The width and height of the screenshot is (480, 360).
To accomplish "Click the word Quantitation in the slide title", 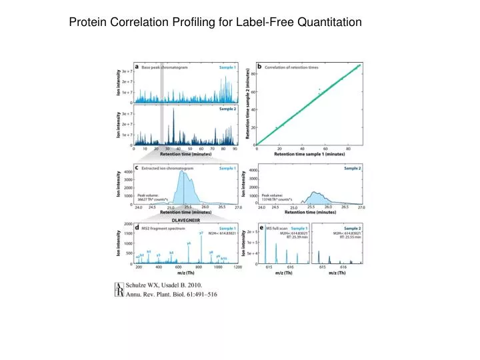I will click(325, 22).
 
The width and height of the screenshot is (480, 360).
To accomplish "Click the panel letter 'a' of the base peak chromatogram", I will click(137, 67).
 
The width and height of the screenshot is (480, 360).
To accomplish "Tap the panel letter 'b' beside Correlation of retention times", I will click(260, 67).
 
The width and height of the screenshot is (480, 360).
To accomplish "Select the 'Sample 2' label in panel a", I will click(227, 109).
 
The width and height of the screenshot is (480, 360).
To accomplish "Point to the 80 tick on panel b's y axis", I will click(254, 74).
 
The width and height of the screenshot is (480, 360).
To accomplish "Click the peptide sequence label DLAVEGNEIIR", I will click(186, 220).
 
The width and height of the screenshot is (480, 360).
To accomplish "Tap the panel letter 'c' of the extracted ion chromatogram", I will click(137, 169).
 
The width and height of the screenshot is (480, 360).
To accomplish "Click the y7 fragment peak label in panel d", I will click(201, 232).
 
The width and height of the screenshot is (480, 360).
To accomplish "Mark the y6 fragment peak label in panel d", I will click(189, 243).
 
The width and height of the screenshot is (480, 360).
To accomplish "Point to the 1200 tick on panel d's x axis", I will click(237, 267).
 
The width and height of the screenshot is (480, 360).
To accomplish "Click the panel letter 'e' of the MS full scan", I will click(261, 228).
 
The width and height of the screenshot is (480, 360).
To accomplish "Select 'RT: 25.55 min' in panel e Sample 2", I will click(349, 237).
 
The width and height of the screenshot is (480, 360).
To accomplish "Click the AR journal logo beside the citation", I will click(120, 289).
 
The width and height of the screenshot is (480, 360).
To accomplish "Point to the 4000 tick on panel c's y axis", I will click(129, 172).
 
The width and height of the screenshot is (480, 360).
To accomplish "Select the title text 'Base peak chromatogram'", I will click(165, 67).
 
